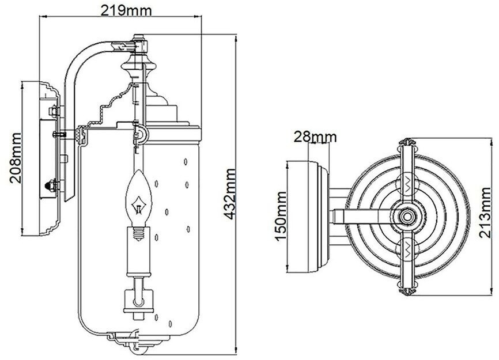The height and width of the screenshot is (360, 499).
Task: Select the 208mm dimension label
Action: pos(17,157)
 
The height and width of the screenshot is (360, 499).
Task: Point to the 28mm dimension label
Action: pos(315,137)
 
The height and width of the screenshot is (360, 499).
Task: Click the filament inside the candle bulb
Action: pos(139,205)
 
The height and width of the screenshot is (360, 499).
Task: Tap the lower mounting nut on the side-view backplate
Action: pos(51,185)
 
